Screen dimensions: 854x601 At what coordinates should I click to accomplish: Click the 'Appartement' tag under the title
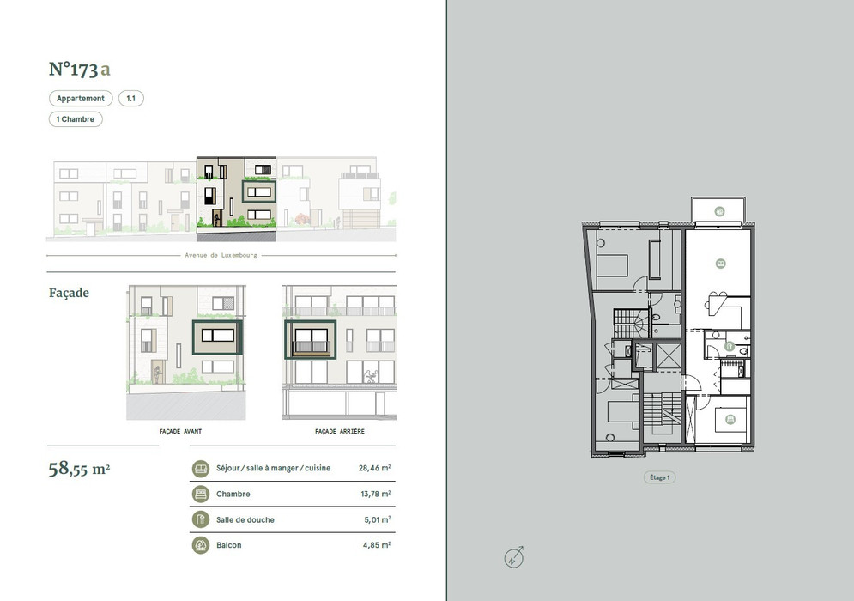tap(81, 99)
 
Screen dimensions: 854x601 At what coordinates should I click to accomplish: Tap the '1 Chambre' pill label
tap(76, 119)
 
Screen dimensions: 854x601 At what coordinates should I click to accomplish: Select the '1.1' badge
tap(130, 99)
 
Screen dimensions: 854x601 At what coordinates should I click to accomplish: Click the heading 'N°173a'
tap(80, 70)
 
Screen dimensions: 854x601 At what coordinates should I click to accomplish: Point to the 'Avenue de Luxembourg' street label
tap(221, 255)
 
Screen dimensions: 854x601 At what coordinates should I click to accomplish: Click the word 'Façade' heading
tap(70, 293)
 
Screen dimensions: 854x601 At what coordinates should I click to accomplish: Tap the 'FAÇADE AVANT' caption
tap(180, 432)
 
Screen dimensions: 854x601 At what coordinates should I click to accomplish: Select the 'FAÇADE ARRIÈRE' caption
tap(340, 432)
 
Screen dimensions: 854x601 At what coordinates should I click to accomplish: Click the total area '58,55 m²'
tap(80, 469)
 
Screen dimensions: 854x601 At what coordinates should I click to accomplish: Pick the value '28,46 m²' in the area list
tap(375, 468)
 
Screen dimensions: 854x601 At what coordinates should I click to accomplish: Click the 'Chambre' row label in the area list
tap(233, 495)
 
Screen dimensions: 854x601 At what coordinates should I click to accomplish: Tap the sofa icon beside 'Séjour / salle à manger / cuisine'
tap(201, 469)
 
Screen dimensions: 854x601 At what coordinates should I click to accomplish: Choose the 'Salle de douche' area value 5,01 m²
tap(378, 519)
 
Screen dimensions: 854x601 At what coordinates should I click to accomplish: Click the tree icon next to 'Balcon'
tap(201, 545)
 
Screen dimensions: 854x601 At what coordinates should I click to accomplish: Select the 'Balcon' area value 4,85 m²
tap(377, 545)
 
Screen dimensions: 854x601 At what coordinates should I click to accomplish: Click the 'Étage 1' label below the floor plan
tap(659, 477)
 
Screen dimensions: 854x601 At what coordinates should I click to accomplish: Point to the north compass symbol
tap(514, 557)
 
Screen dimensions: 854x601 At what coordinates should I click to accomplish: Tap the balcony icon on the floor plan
tap(720, 211)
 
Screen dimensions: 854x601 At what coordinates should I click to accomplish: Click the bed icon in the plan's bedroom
tap(730, 420)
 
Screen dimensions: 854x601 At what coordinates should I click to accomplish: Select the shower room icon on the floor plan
tap(730, 346)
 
